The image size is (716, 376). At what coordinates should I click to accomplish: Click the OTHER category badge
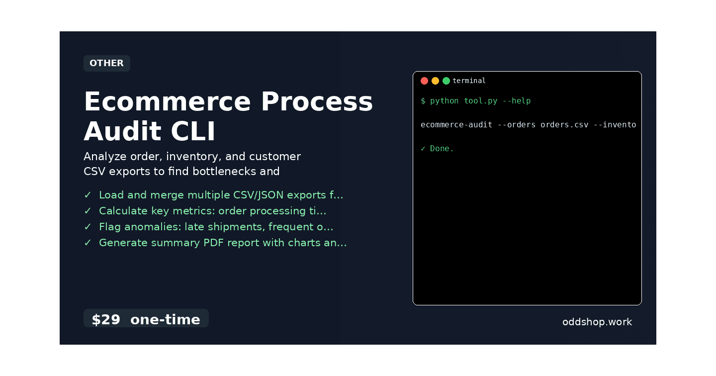(107, 63)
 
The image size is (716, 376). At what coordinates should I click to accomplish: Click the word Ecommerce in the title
(167, 101)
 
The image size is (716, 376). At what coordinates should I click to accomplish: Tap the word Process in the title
(317, 101)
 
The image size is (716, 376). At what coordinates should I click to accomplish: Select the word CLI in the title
(193, 131)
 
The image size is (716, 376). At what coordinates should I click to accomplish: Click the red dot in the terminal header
(424, 81)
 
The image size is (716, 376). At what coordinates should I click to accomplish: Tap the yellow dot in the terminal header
(435, 81)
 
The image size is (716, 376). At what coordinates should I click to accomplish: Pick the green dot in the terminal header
(446, 81)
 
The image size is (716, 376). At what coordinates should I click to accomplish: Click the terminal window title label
(469, 81)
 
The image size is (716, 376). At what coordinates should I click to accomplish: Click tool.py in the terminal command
(480, 101)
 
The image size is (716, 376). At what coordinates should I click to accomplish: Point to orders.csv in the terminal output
(564, 125)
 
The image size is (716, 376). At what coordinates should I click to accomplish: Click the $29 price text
(106, 319)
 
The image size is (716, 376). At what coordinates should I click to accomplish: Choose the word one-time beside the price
(165, 319)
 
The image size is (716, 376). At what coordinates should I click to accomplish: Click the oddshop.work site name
(597, 322)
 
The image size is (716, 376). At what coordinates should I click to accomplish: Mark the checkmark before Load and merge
(88, 195)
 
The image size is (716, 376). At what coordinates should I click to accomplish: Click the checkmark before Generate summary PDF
(88, 243)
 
